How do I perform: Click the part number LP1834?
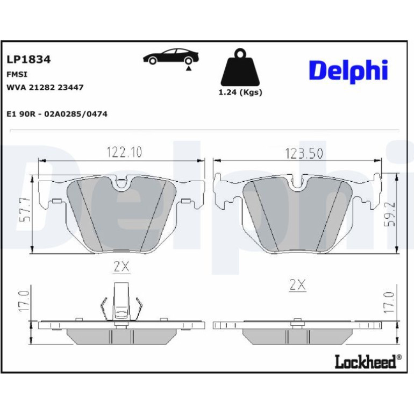[x=28, y=60]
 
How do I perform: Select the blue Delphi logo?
[x=348, y=72]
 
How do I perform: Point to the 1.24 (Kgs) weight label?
[x=240, y=92]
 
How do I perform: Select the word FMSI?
[x=17, y=74]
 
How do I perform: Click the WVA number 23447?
[x=70, y=88]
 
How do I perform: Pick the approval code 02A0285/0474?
[x=76, y=114]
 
